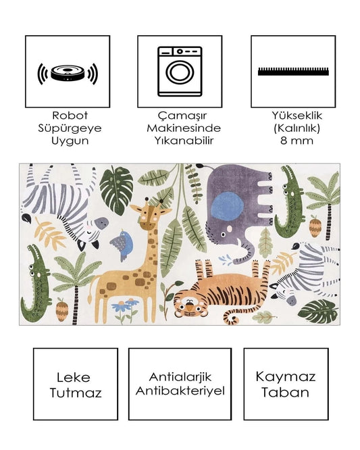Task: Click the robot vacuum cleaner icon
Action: pos(68,74)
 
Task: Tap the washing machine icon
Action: pos(180,71)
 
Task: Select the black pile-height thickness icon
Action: pos(293,72)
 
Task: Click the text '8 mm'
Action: pos(297,141)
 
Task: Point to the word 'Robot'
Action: pos(70,116)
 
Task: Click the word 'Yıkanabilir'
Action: pos(184,141)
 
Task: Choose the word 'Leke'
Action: pos(74,377)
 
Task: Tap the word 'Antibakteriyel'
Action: pos(180,391)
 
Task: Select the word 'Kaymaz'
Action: pos(286,377)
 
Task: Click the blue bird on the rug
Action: pos(122,244)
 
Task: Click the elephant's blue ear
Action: pos(227,206)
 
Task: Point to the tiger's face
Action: pos(189,305)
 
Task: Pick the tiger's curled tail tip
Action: pos(235,318)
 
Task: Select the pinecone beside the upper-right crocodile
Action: pos(314,227)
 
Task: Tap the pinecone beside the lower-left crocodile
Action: pos(61,310)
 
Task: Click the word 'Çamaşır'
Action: pos(182,116)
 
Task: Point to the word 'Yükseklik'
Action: pos(297,116)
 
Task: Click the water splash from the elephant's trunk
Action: pos(226,259)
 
